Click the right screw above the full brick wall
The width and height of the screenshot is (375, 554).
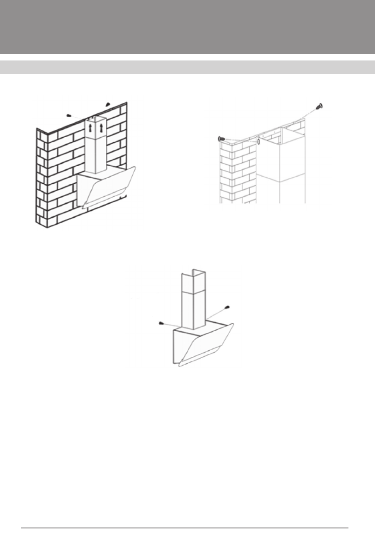pos(108,104)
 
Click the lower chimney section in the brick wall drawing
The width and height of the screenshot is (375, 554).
pos(95,156)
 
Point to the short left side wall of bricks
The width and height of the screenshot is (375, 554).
pos(41,177)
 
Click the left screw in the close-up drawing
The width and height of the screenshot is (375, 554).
pos(222,138)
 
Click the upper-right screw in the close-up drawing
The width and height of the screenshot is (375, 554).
pos(320,107)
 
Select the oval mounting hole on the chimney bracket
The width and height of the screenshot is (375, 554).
pos(258,141)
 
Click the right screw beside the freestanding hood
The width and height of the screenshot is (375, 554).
pos(227,307)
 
